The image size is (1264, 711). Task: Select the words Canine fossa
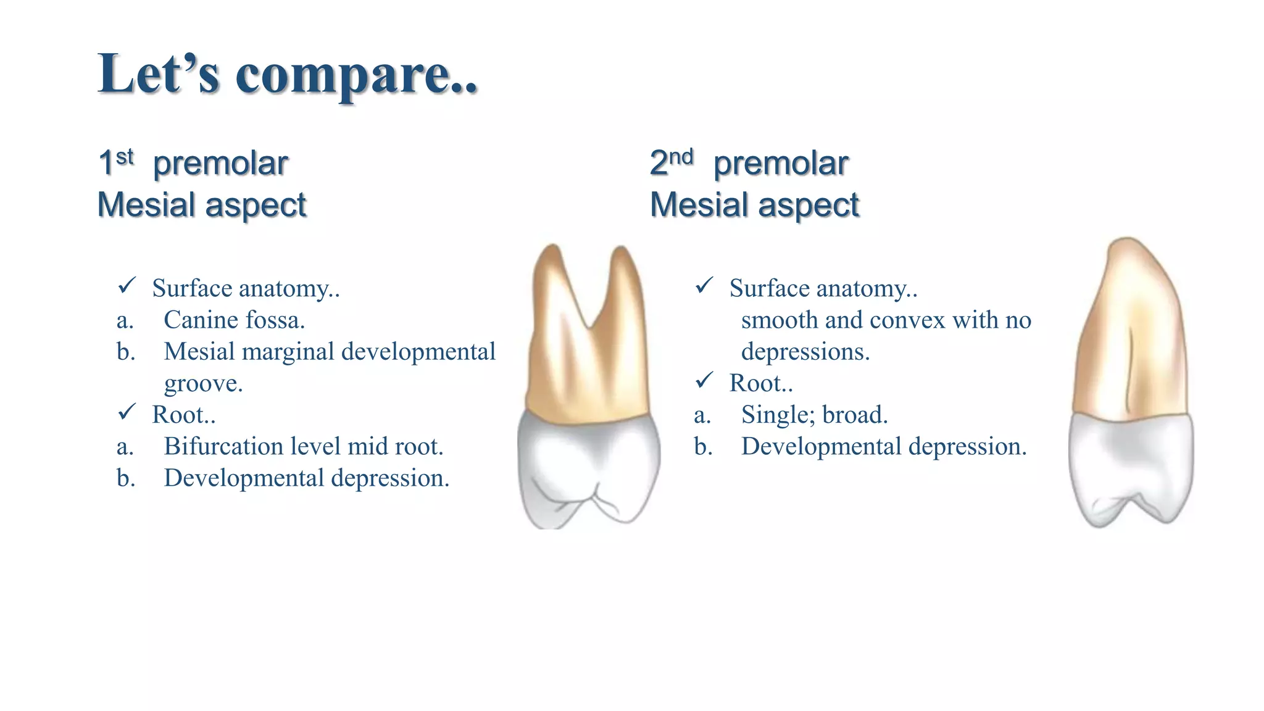(x=234, y=320)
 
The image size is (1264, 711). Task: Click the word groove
(x=203, y=383)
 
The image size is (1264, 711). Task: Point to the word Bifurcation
(x=223, y=446)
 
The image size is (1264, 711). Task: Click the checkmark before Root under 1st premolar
(x=127, y=412)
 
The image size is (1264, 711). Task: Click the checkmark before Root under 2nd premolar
(x=704, y=380)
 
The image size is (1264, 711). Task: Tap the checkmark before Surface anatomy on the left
(x=127, y=285)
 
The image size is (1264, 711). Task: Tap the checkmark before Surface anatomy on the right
(x=704, y=285)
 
